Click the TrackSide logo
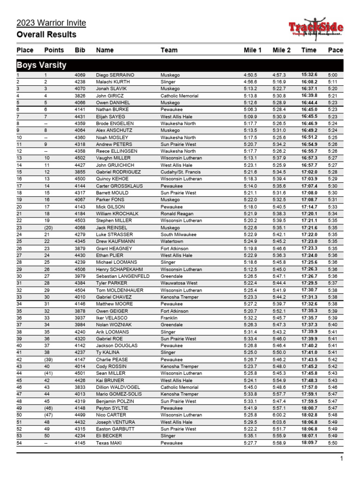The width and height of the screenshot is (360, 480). [315, 30]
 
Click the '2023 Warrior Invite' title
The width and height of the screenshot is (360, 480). [51, 23]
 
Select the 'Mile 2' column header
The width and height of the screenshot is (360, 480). [281, 50]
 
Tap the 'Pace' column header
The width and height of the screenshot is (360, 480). [335, 50]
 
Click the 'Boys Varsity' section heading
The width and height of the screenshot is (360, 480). [41, 65]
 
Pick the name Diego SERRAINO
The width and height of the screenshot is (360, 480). [115, 75]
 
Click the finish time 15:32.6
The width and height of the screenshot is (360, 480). [309, 75]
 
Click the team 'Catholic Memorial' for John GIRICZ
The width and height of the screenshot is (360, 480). [179, 96]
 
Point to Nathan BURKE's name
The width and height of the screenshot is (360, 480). [112, 110]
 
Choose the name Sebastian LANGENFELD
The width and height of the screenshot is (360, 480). [123, 276]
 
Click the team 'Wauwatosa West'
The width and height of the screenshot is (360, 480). [179, 283]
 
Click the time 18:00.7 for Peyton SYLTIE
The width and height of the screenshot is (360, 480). [309, 408]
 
